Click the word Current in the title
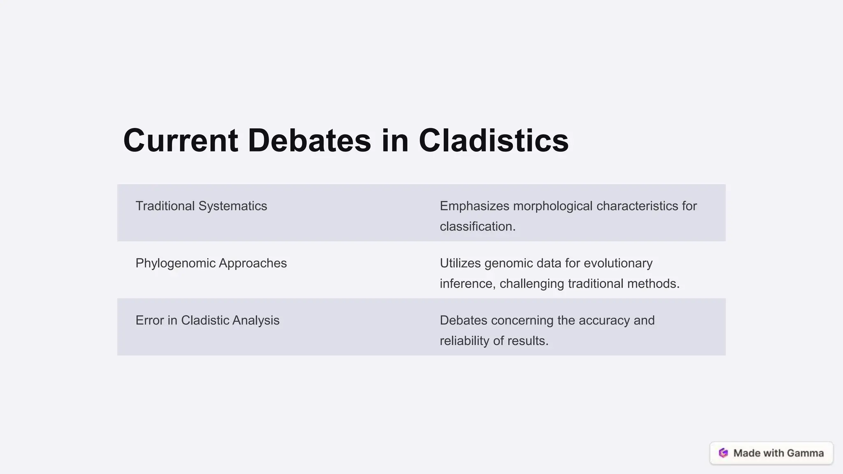tap(180, 141)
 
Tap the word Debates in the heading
tap(309, 141)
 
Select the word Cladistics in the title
tap(494, 141)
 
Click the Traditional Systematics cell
tap(201, 206)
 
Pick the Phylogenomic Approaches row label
tap(211, 263)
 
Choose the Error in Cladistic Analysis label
tap(207, 321)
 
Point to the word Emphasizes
tap(475, 206)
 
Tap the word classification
tap(476, 227)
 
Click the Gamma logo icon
tap(723, 453)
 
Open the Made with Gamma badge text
tap(778, 453)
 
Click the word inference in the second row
tap(467, 284)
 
